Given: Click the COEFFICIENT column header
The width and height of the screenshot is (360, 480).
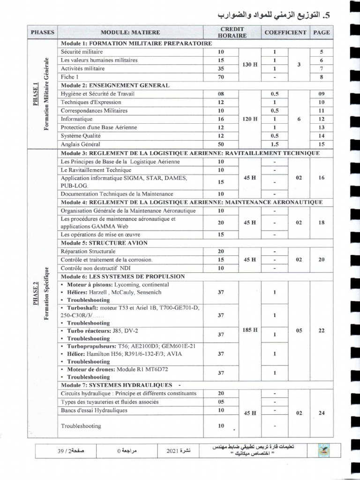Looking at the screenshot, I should (285, 32).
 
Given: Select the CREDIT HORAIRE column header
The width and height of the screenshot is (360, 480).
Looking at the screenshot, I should (226, 32).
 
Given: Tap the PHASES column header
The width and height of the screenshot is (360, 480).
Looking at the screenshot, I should (43, 32).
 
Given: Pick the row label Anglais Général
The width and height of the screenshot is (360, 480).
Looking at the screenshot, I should (80, 145).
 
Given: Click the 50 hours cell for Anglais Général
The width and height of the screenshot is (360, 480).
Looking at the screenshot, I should (221, 145).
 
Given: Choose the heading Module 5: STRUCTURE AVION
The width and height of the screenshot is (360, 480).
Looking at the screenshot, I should (104, 243).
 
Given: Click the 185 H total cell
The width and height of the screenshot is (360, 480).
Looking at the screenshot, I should (250, 330).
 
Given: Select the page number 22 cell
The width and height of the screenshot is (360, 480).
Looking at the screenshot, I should (321, 330).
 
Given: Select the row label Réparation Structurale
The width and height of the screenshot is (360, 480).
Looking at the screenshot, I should (88, 251).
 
